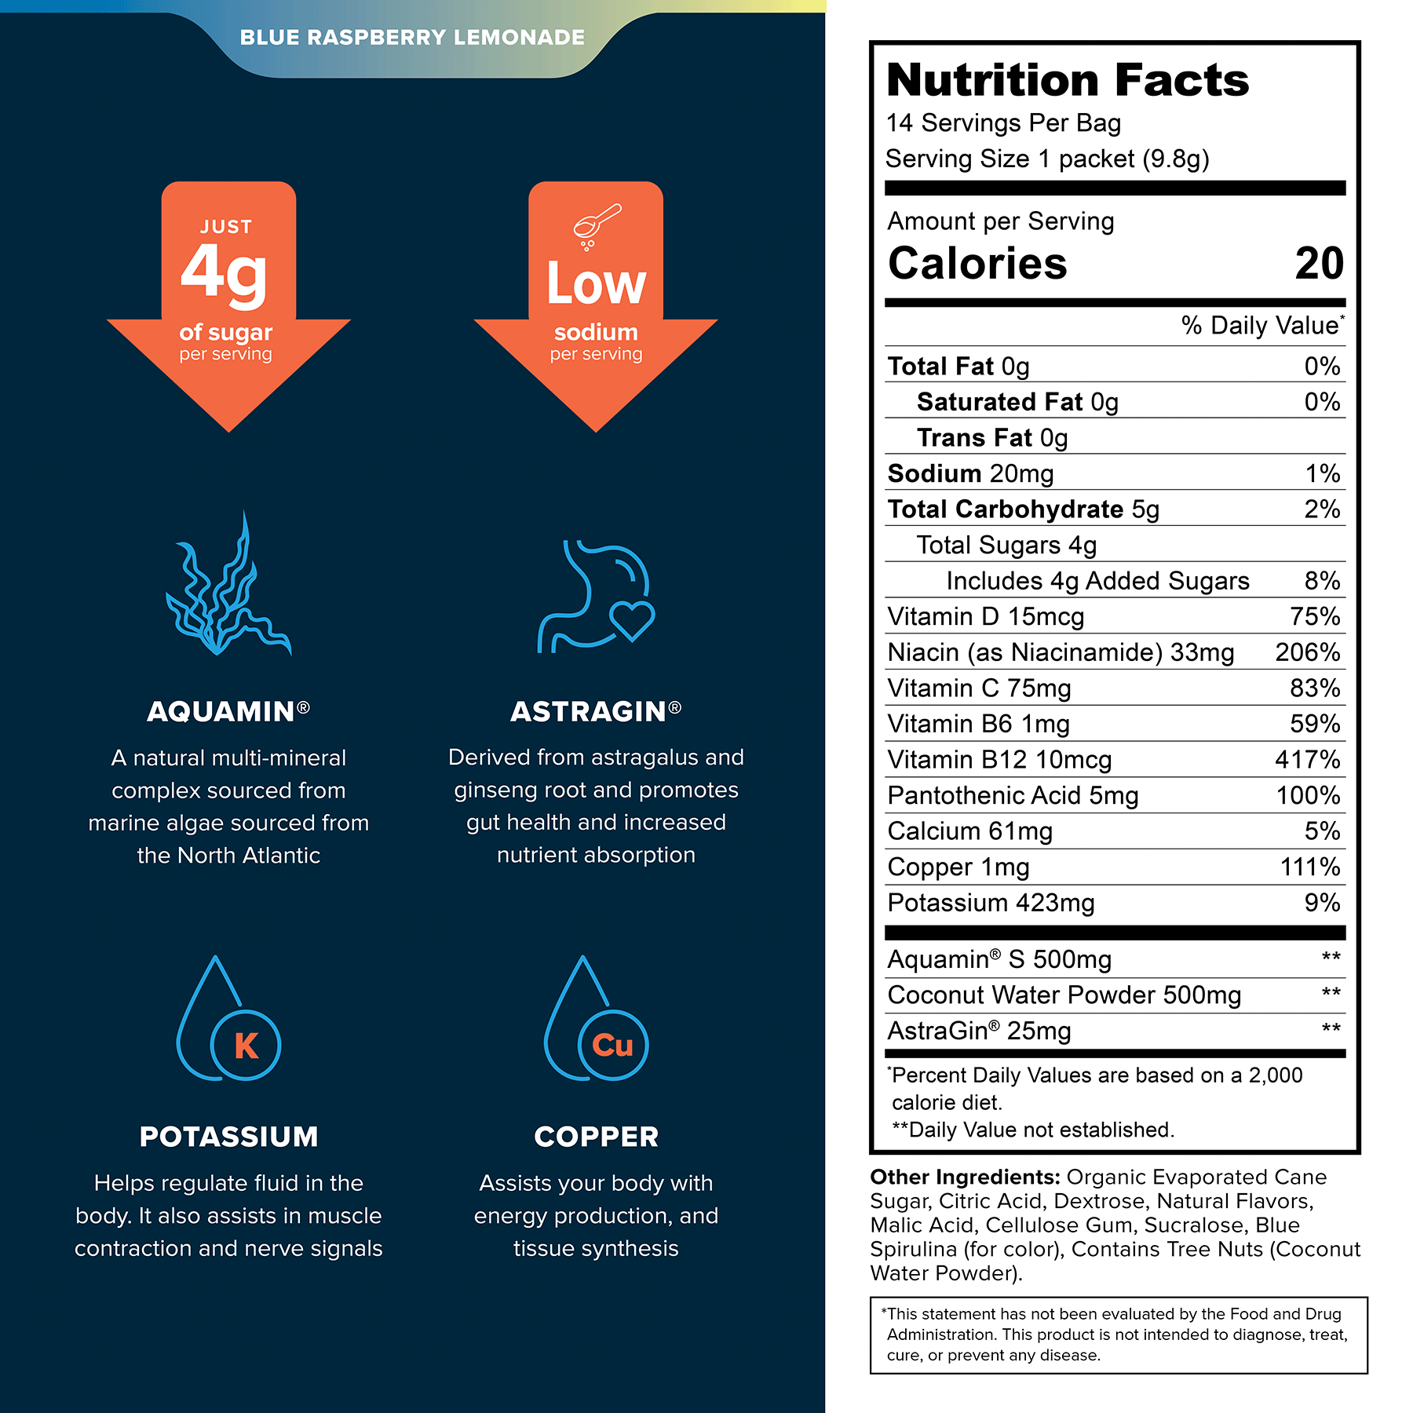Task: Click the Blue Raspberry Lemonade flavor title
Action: pyautogui.click(x=412, y=38)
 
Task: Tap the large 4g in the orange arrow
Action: pyautogui.click(x=225, y=272)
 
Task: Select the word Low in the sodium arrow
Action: pyautogui.click(x=597, y=283)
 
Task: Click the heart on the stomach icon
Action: pyautogui.click(x=632, y=621)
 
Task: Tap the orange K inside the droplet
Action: pyautogui.click(x=246, y=1045)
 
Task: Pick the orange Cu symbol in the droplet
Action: pyautogui.click(x=612, y=1045)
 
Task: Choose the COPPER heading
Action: pyautogui.click(x=597, y=1137)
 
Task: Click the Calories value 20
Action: pyautogui.click(x=1320, y=264)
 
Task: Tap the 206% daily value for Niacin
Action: pyautogui.click(x=1308, y=652)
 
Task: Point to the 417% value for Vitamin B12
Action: pyautogui.click(x=1308, y=760)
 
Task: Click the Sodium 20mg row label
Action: pyautogui.click(x=970, y=473)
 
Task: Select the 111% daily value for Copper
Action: pyautogui.click(x=1310, y=867)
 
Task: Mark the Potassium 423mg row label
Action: pyautogui.click(x=991, y=904)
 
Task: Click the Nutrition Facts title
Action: pyautogui.click(x=1068, y=80)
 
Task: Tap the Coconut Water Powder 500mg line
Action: pyautogui.click(x=1064, y=995)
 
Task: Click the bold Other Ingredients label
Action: pyautogui.click(x=966, y=1177)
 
